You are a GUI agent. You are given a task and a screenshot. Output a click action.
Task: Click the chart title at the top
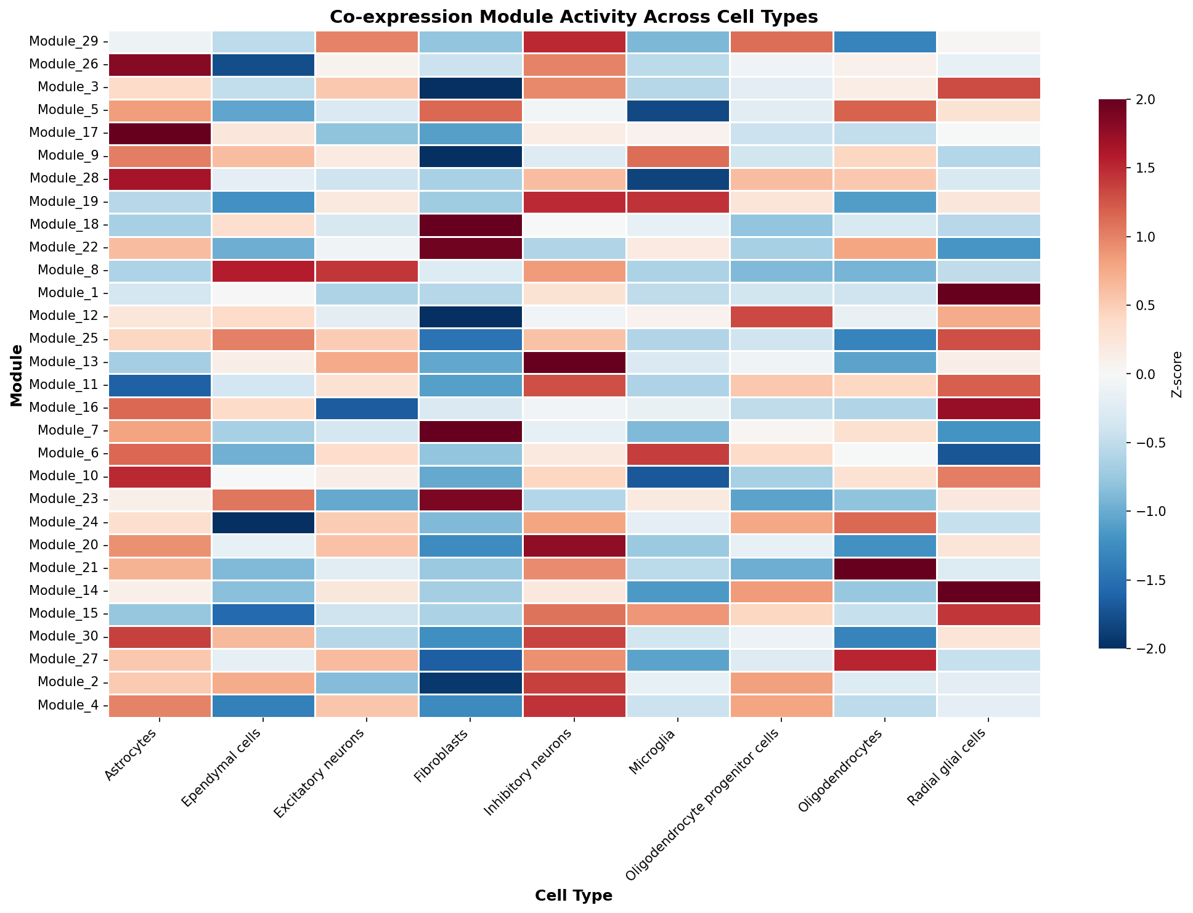point(574,17)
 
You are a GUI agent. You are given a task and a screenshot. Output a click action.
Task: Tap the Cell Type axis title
point(574,896)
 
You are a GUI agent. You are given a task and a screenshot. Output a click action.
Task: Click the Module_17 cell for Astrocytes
point(160,133)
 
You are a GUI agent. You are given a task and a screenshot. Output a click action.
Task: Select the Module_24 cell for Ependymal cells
point(264,522)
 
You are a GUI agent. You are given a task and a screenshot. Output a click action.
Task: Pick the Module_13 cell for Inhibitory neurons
point(574,362)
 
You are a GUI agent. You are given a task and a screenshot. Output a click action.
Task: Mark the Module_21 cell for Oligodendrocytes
point(885,568)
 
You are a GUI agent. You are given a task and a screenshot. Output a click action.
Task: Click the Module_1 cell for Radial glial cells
point(988,293)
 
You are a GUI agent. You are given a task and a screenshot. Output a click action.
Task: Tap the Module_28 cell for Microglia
point(678,179)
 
